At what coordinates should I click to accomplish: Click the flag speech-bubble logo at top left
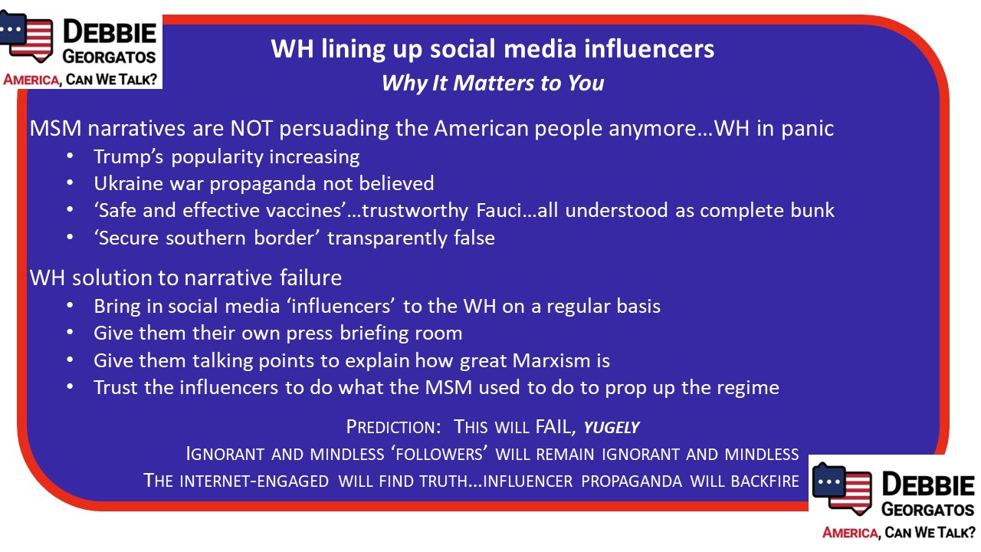point(26,36)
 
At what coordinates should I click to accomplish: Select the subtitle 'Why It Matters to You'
point(493,84)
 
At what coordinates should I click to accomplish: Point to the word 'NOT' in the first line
point(251,128)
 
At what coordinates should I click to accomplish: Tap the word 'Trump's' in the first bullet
point(128,157)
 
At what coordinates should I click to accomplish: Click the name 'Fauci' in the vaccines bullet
point(499,211)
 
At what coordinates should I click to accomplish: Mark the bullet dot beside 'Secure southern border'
point(70,238)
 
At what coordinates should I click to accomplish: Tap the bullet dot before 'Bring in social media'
point(70,305)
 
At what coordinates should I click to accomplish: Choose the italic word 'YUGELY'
point(612,428)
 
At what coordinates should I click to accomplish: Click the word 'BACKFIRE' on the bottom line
point(765,481)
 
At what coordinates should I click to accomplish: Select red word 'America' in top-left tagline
point(31,80)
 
